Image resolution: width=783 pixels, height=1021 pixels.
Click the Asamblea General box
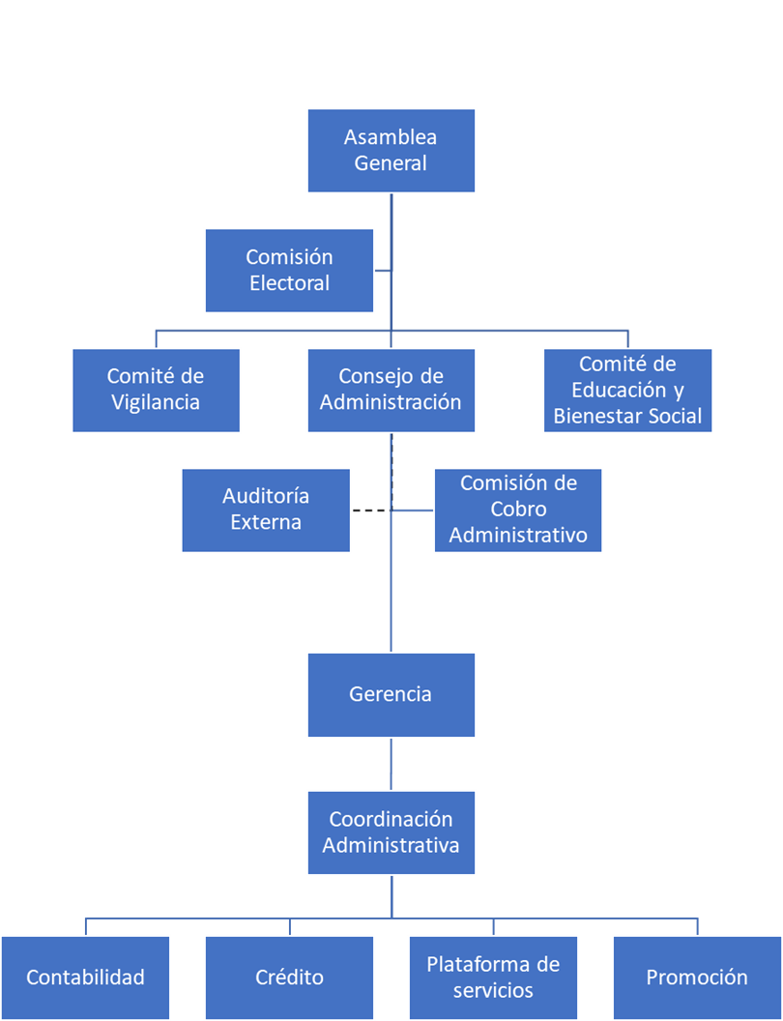[x=391, y=151]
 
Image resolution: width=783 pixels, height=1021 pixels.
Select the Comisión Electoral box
[x=289, y=271]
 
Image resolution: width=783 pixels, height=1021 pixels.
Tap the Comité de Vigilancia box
[x=156, y=390]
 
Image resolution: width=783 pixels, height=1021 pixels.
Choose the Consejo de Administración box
[x=391, y=390]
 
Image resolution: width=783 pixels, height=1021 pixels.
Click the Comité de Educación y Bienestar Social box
[x=627, y=390]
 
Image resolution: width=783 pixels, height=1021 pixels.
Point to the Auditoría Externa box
[x=266, y=510]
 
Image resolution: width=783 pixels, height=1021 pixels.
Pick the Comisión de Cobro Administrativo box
[x=518, y=510]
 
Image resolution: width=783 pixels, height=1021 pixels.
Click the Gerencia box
[x=391, y=694]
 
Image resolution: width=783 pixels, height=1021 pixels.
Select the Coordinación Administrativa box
[x=391, y=832]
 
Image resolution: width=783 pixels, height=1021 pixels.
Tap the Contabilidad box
[x=85, y=977]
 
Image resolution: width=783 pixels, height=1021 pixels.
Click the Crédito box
[x=289, y=977]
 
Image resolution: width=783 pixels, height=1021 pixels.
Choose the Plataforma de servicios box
[x=493, y=977]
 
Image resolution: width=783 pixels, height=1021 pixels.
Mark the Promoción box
[x=697, y=977]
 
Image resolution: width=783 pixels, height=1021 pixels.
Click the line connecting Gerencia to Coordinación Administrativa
[x=391, y=764]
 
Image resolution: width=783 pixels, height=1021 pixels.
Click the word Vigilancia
[x=156, y=402]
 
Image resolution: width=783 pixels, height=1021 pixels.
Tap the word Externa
[x=266, y=522]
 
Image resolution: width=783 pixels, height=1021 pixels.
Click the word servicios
[x=493, y=990]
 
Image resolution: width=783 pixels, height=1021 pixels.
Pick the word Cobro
[x=518, y=510]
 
